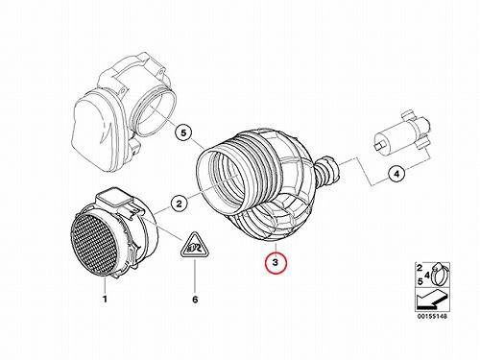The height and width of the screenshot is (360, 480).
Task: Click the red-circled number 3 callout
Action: [276, 263]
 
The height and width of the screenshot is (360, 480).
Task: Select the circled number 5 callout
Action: [183, 132]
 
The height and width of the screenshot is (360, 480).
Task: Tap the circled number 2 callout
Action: [179, 204]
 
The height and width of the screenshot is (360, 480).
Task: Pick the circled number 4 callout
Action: [396, 175]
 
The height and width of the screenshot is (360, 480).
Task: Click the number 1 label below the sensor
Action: [105, 300]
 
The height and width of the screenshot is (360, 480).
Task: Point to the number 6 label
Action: [195, 300]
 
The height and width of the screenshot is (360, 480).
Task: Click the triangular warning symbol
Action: [195, 246]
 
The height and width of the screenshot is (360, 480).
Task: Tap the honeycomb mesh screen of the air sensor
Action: [94, 244]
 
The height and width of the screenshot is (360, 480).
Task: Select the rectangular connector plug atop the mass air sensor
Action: [114, 198]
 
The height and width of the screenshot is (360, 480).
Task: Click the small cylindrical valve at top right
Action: [401, 133]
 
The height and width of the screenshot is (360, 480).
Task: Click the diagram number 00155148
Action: [432, 316]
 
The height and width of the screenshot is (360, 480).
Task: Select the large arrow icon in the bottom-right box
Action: [431, 300]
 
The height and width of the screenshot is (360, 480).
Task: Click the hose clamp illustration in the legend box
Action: [439, 275]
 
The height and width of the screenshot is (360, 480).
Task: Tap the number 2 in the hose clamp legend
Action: [420, 268]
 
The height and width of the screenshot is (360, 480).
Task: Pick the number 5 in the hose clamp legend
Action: [420, 281]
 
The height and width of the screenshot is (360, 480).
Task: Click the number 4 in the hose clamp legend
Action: [427, 275]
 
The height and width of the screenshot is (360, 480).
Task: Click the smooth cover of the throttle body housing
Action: [94, 132]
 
